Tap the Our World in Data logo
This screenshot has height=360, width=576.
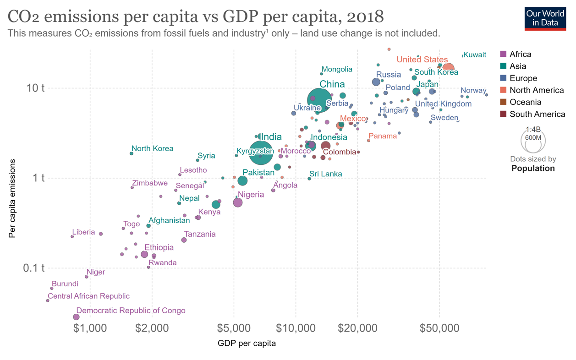point(545,18)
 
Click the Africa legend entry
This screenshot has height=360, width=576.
point(520,54)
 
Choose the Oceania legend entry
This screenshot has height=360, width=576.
point(525,102)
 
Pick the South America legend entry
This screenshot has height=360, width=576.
point(537,114)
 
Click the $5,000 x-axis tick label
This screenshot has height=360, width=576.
point(234,328)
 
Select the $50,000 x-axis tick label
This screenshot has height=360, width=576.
point(439,328)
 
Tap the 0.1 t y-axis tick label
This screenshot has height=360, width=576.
point(33,268)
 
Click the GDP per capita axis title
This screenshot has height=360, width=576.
point(247,343)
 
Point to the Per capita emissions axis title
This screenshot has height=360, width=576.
point(12,198)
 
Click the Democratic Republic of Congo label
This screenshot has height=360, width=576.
point(131,311)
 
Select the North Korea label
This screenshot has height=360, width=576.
point(152,148)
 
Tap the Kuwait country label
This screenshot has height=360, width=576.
point(475,55)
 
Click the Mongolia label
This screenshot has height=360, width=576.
point(337,69)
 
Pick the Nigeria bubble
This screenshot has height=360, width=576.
point(237,202)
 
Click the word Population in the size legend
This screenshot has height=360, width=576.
point(533,168)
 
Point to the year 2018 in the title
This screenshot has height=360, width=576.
point(365,16)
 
